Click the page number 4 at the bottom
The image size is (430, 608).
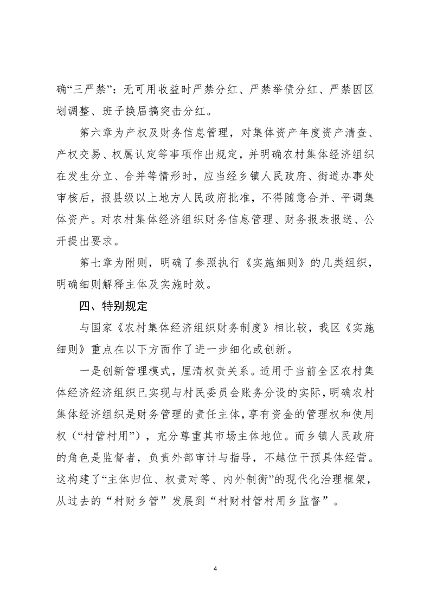[x=215, y=569]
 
